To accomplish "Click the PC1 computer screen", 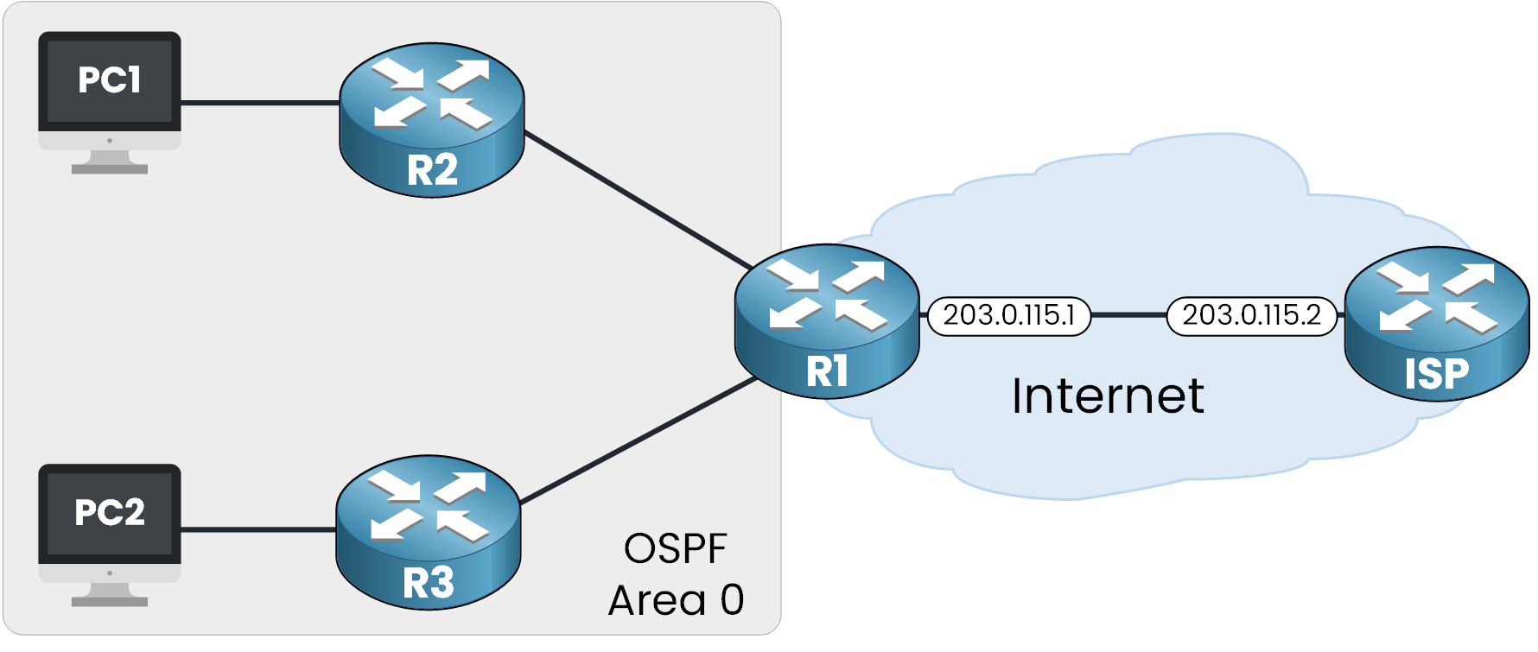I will pyautogui.click(x=110, y=81).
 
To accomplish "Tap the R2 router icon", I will pyautogui.click(x=431, y=119).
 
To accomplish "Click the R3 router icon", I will pyautogui.click(x=428, y=532).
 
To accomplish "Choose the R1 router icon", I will pyautogui.click(x=827, y=320).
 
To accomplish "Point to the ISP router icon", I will pyautogui.click(x=1437, y=323).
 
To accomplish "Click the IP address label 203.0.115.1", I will pyautogui.click(x=1008, y=316).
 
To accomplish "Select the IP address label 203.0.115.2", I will pyautogui.click(x=1251, y=316).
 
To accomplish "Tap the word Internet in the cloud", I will pyautogui.click(x=1108, y=396).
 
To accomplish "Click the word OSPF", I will pyautogui.click(x=676, y=549).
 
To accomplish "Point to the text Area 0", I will pyautogui.click(x=676, y=600).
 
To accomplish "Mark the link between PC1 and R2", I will pyautogui.click(x=259, y=103).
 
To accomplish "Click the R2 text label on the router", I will pyautogui.click(x=432, y=170).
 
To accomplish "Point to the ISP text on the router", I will pyautogui.click(x=1436, y=374).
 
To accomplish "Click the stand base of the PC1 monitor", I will pyautogui.click(x=110, y=168).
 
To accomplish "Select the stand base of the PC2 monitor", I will pyautogui.click(x=110, y=601).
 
